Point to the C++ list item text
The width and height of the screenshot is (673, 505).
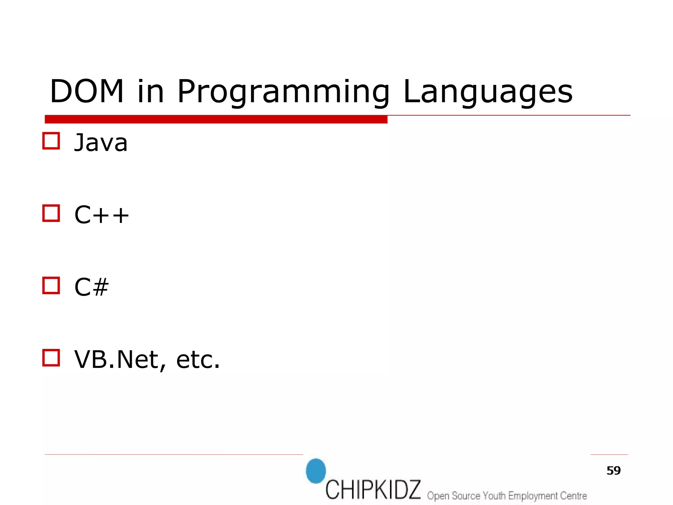102,215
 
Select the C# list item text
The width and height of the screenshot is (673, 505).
91,287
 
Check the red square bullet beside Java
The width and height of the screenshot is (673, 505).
51,141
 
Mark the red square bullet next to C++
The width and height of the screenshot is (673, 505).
51,213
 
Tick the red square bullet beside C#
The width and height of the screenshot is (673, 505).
51,285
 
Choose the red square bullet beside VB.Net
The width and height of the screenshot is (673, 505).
51,358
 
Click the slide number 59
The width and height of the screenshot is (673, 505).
613,470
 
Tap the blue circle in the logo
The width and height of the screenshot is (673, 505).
316,471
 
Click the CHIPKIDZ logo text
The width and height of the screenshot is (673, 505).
373,490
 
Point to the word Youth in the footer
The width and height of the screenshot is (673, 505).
494,495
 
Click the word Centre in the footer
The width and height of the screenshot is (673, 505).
573,495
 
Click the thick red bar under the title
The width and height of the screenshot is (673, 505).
216,119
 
